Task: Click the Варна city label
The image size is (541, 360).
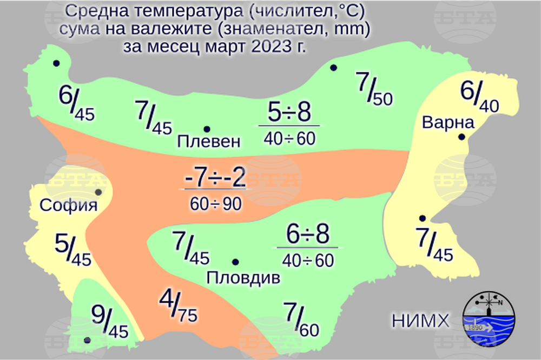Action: point(448,123)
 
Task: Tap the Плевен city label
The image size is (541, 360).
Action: point(208,142)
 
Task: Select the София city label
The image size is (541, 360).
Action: point(69,205)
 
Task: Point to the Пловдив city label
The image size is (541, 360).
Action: point(243,279)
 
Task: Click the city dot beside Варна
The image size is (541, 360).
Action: point(461,137)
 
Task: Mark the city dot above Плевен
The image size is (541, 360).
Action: point(207,129)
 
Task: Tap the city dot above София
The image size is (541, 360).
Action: point(98,192)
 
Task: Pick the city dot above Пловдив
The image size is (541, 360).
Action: point(235,262)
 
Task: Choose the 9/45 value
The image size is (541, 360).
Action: point(109,322)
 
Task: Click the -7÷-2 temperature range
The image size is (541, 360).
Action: point(215,178)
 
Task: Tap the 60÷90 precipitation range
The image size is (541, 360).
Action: point(215,204)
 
